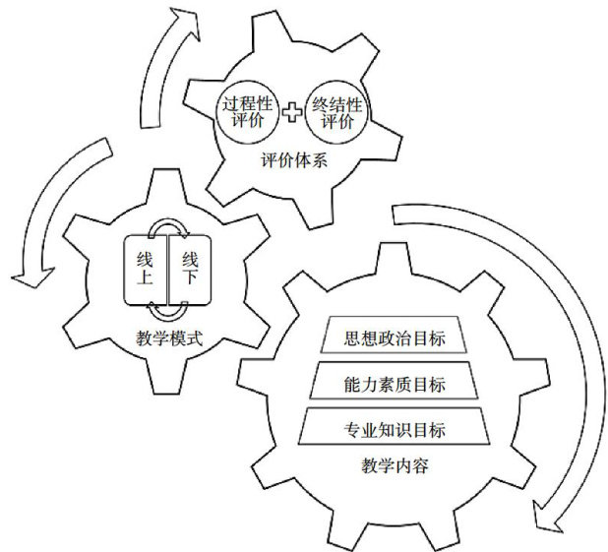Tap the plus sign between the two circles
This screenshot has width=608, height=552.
click(290, 111)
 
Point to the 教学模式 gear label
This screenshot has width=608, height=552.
click(168, 339)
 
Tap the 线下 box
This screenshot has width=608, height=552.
click(190, 267)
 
